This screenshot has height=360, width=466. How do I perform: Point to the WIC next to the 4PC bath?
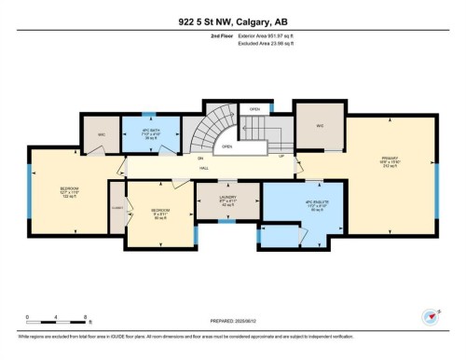coord(102,134)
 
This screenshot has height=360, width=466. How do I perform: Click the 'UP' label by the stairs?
coord(282,156)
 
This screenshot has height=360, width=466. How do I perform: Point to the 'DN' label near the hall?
coord(200,159)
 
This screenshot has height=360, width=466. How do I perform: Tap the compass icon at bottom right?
coord(431,317)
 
